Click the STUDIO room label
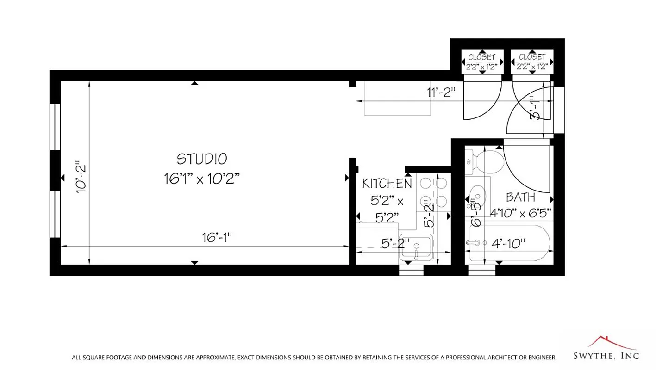click(202, 159)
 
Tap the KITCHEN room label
click(387, 184)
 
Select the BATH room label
click(520, 197)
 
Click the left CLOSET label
click(481, 57)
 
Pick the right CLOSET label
click(532, 57)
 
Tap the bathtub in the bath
click(509, 244)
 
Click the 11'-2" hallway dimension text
click(441, 92)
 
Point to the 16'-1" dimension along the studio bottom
click(216, 238)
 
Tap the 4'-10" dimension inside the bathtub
click(508, 244)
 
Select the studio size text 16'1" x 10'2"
click(202, 179)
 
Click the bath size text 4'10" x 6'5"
click(521, 213)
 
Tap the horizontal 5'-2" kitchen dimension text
click(395, 242)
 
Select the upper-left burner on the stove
click(425, 184)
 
